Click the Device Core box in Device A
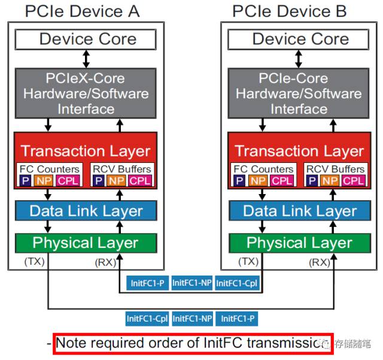pos(87,40)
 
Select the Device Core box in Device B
pos(300,40)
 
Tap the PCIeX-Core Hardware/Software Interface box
pos(86,94)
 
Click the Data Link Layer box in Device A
pos(86,211)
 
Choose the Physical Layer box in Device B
pos(299,243)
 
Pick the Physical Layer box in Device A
pos(86,243)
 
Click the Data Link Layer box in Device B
pos(299,211)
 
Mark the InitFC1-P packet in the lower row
pos(236,319)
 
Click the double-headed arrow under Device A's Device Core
pos(86,58)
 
